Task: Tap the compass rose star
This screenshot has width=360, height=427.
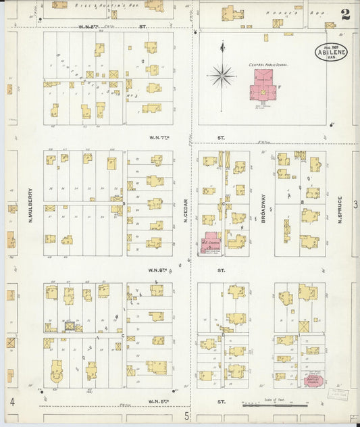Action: (x=222, y=74)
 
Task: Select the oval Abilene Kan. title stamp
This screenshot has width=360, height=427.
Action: (x=331, y=52)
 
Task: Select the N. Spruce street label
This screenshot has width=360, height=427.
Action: (x=340, y=212)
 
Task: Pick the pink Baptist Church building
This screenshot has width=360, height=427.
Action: (x=313, y=380)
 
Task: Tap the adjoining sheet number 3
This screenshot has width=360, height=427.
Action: (x=353, y=203)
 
